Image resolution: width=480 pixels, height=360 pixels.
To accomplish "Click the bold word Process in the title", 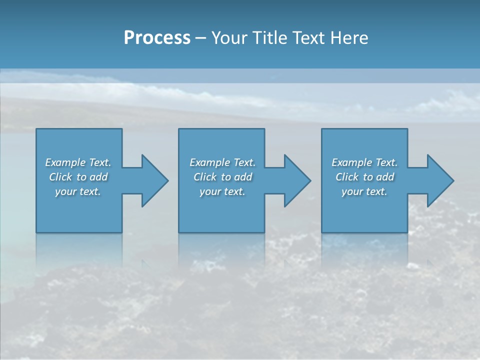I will (157, 38).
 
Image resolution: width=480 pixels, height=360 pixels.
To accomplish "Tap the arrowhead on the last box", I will (439, 180).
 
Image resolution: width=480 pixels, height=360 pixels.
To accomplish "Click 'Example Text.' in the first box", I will (78, 162).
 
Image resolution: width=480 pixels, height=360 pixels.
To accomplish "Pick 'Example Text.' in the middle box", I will (222, 162).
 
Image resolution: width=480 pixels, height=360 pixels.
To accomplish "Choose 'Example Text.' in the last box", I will (364, 162).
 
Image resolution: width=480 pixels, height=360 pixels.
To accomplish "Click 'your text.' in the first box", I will (78, 191).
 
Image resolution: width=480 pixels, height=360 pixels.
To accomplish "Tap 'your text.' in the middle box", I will (222, 191).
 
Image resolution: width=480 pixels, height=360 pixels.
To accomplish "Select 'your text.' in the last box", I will (364, 191).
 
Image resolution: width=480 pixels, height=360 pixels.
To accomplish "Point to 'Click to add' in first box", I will (78, 177).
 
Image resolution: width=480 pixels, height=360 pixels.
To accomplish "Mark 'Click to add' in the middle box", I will (223, 177).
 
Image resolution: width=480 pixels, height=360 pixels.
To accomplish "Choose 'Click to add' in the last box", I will (365, 177).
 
